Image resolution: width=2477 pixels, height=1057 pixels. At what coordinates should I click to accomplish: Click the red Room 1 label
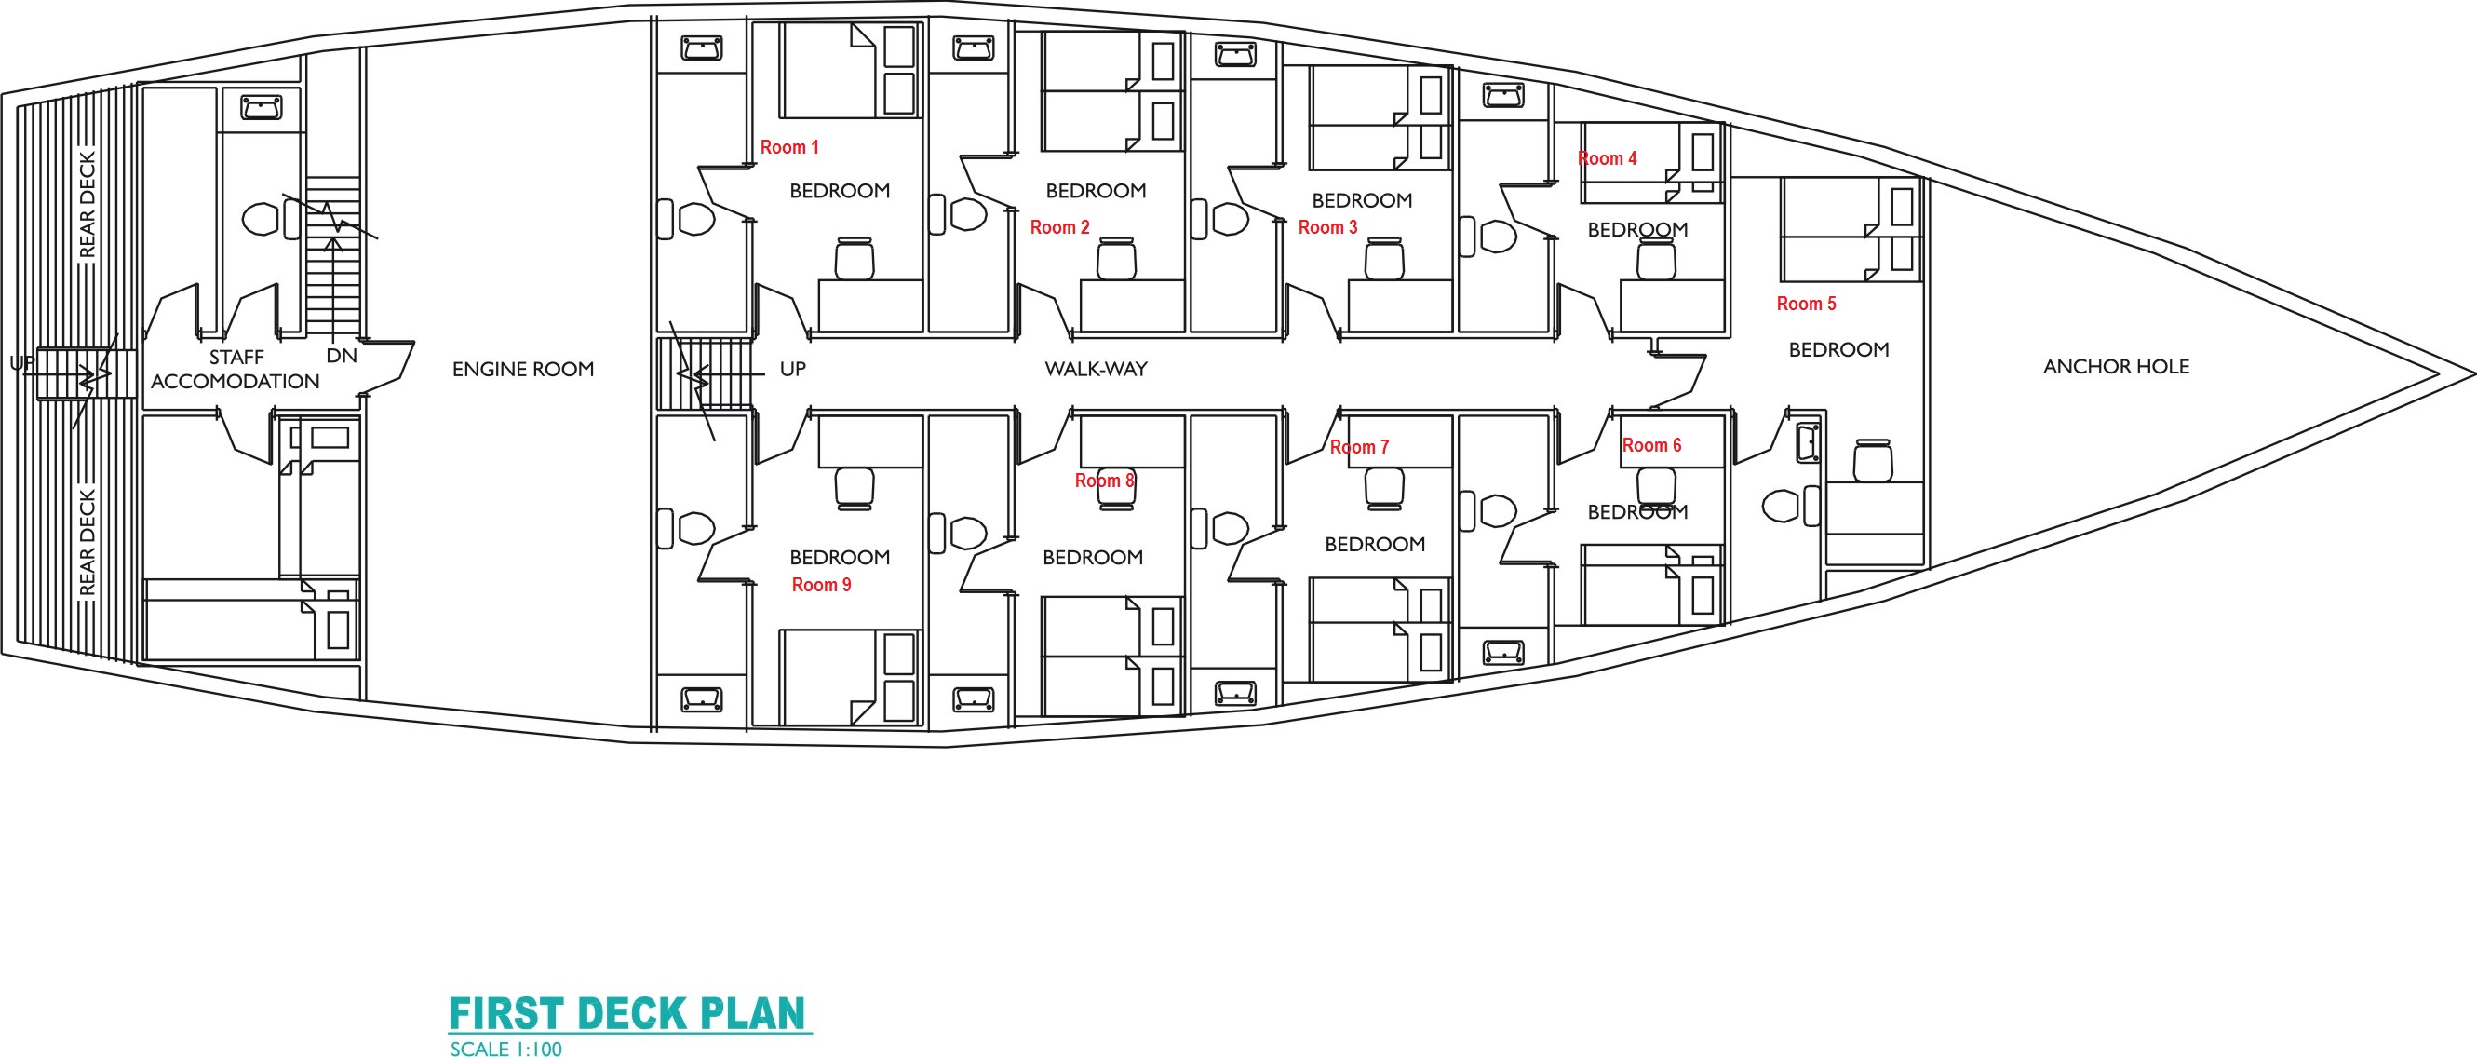(x=789, y=147)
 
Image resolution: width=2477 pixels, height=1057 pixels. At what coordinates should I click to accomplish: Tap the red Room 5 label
(x=1806, y=304)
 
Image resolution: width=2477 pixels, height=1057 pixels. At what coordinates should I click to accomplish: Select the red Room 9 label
(x=821, y=585)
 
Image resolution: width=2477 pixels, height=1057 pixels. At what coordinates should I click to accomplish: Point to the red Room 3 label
(x=1328, y=228)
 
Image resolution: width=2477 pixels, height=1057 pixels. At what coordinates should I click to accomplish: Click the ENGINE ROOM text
(x=523, y=370)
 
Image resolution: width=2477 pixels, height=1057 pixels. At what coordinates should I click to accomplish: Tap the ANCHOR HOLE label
(x=2117, y=366)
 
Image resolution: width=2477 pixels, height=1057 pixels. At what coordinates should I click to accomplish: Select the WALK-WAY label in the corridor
(x=1097, y=370)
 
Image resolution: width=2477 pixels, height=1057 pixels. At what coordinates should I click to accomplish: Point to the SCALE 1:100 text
(x=505, y=1049)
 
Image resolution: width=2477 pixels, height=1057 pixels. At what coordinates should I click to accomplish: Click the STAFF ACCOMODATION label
(x=236, y=370)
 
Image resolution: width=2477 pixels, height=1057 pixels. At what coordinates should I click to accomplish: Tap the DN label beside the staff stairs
(x=342, y=356)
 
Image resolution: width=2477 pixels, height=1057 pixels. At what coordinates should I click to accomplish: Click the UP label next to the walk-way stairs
(x=793, y=370)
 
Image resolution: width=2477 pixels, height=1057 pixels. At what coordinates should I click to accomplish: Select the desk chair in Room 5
(x=1872, y=461)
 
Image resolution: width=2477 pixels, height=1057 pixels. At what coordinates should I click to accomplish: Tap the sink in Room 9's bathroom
(x=702, y=699)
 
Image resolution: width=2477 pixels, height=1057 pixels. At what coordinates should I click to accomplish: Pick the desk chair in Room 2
(x=1116, y=259)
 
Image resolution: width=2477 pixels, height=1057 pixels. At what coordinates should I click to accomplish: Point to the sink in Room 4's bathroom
(x=1504, y=95)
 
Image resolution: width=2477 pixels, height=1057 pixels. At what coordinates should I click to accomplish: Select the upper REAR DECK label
(x=88, y=205)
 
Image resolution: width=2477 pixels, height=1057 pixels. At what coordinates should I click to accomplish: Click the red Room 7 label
(x=1360, y=447)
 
